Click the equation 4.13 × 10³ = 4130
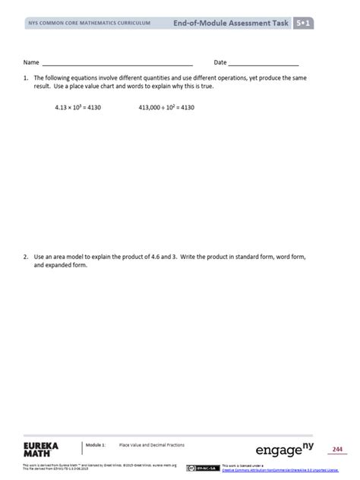tap(77, 108)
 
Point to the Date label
tap(220, 62)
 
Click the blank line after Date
tap(263, 64)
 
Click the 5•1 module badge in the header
tap(307, 24)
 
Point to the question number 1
tap(26, 79)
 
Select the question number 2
tap(26, 257)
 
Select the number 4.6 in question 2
tap(165, 257)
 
